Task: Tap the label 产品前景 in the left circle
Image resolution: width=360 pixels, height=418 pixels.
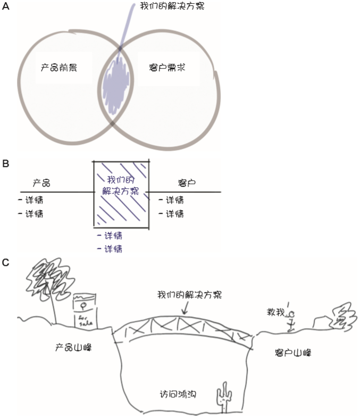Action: point(58,68)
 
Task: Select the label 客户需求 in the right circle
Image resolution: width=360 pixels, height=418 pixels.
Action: point(168,68)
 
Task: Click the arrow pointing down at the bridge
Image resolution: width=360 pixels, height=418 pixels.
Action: point(185,307)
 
